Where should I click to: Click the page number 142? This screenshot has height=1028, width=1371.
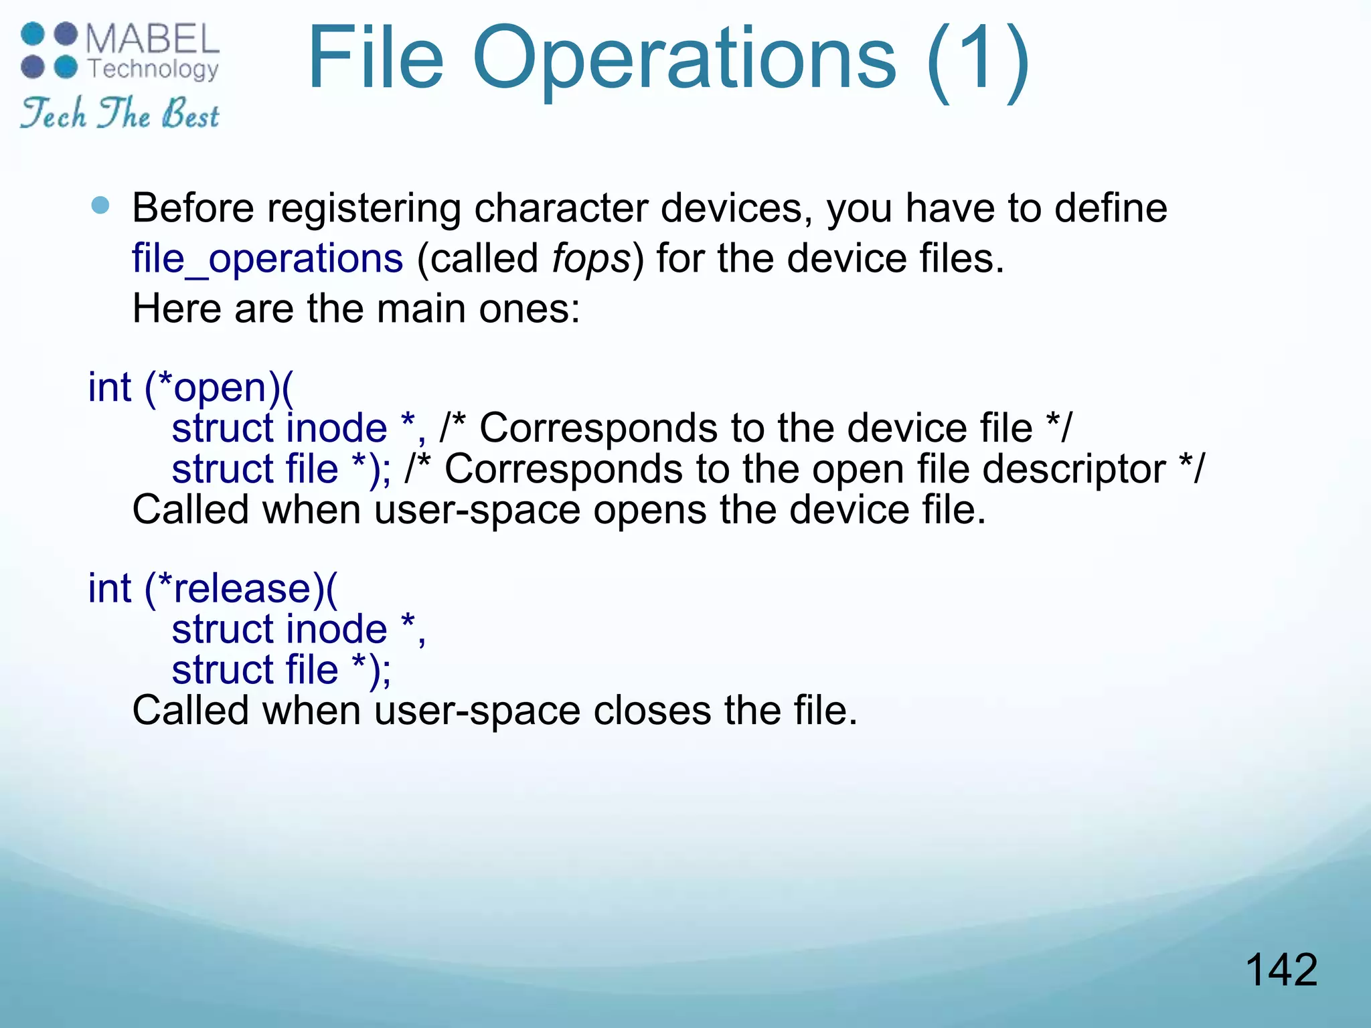pyautogui.click(x=1281, y=970)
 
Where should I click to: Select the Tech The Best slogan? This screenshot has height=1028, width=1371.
pyautogui.click(x=119, y=112)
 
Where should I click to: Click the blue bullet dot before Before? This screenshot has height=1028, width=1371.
pyautogui.click(x=100, y=205)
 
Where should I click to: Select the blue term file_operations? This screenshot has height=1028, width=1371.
pyautogui.click(x=267, y=258)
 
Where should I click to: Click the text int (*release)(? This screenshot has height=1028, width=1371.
pyautogui.click(x=213, y=588)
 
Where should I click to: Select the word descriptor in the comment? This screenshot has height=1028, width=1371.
pyautogui.click(x=1074, y=468)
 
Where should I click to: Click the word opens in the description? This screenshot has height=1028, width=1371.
pyautogui.click(x=649, y=510)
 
